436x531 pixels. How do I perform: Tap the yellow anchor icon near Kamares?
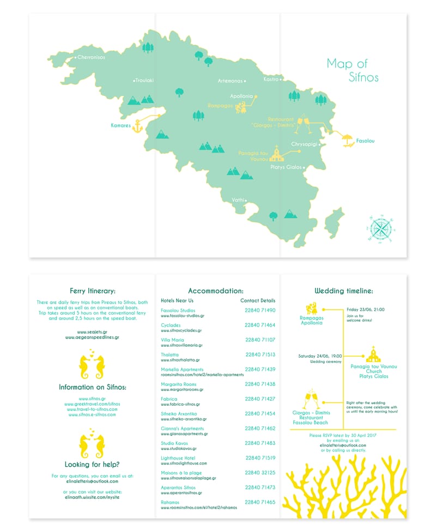[x=137, y=126]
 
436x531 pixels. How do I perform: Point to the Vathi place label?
[x=237, y=200]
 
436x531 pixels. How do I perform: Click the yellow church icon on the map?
[x=277, y=155]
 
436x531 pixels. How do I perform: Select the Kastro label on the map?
[x=271, y=79]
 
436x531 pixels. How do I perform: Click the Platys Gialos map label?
[x=286, y=167]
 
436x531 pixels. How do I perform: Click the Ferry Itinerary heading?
[x=93, y=291]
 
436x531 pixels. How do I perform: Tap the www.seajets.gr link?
[x=92, y=331]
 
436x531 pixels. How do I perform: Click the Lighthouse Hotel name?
[x=178, y=458]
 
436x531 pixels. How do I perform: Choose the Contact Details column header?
[x=258, y=300]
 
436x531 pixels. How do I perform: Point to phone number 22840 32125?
[x=260, y=473]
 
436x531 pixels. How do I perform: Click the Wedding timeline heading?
[x=343, y=291]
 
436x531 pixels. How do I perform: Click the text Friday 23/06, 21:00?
[x=365, y=309]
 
